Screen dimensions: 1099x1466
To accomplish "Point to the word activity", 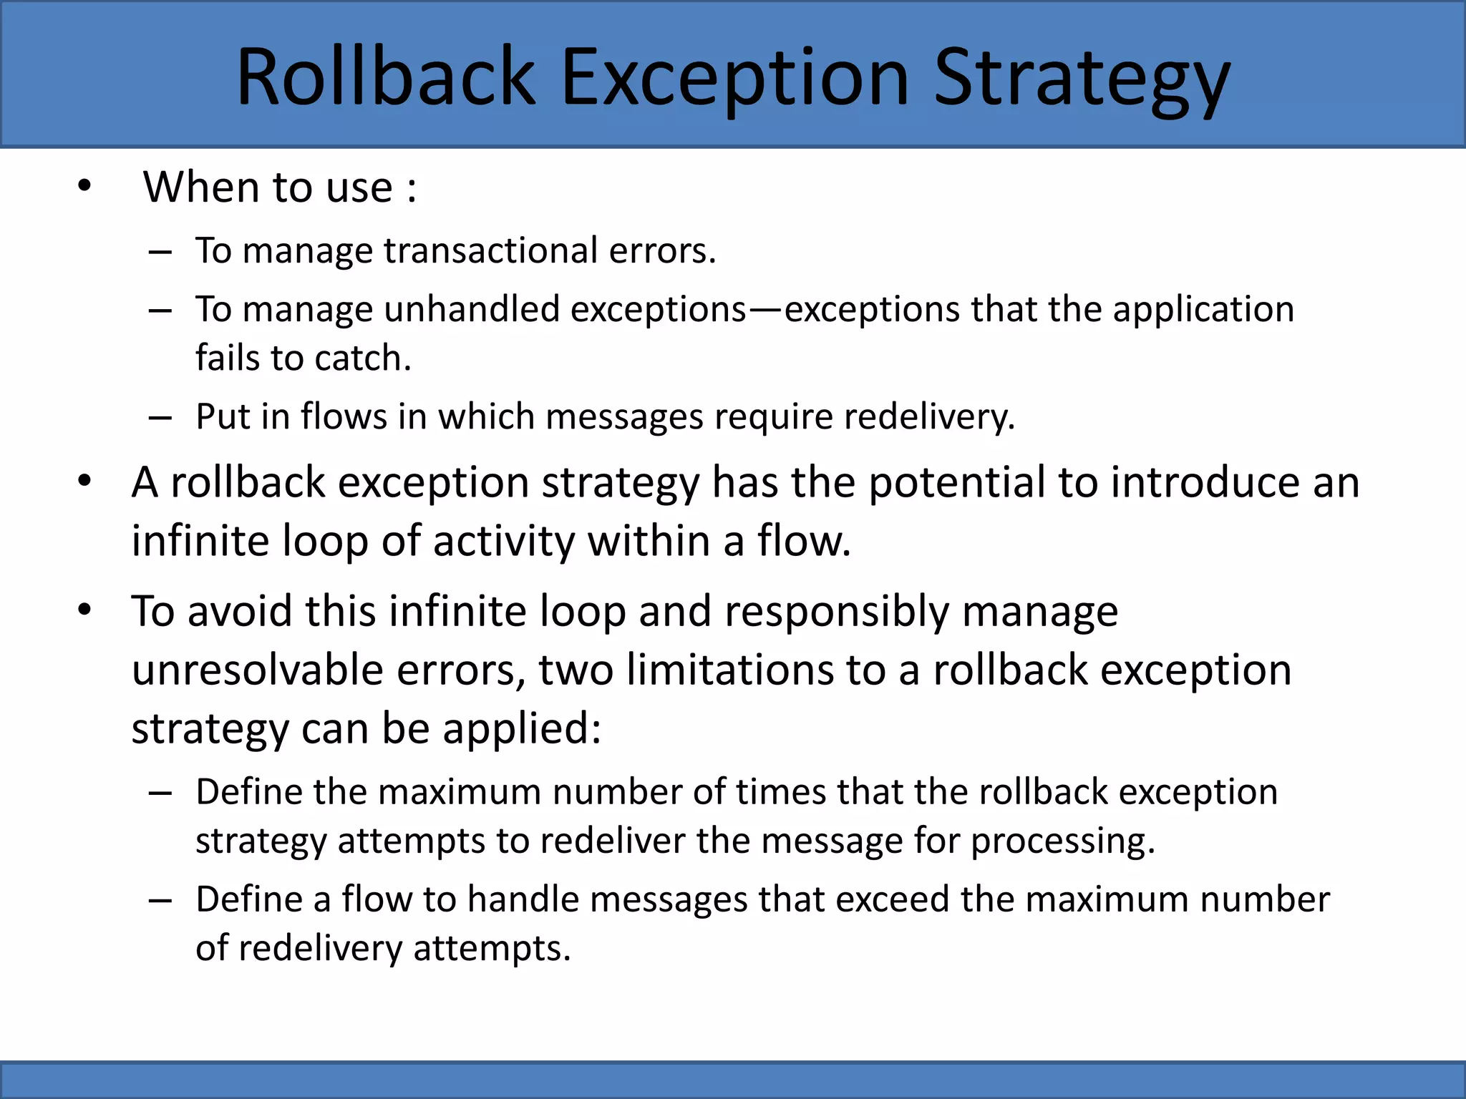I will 503,541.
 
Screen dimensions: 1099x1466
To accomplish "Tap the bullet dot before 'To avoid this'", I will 85,610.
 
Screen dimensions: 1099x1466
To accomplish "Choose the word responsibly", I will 836,612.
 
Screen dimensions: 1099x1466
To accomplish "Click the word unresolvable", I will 258,670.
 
